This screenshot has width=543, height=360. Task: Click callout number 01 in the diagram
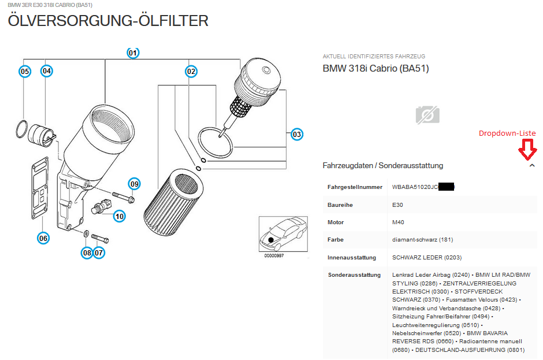(133, 53)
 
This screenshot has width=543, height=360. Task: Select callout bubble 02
(191, 72)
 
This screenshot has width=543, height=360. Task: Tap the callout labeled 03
(296, 135)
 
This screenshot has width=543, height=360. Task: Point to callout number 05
(24, 72)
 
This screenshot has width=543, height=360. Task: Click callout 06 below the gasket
(43, 237)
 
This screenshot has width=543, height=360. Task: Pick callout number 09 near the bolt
(135, 184)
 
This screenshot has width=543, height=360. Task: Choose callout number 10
(119, 217)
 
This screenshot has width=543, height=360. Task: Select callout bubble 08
(87, 253)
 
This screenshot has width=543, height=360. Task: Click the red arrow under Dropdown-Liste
(527, 151)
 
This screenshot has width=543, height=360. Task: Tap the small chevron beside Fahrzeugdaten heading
(531, 166)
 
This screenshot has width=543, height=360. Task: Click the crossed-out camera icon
(427, 115)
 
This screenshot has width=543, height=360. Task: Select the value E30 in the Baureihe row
(397, 205)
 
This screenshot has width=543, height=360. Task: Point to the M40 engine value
(398, 222)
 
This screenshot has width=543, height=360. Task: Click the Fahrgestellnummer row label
(355, 187)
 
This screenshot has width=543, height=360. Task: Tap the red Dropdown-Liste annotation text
(507, 133)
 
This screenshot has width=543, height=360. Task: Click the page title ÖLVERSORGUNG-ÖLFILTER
(108, 21)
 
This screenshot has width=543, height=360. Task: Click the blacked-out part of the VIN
(446, 187)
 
